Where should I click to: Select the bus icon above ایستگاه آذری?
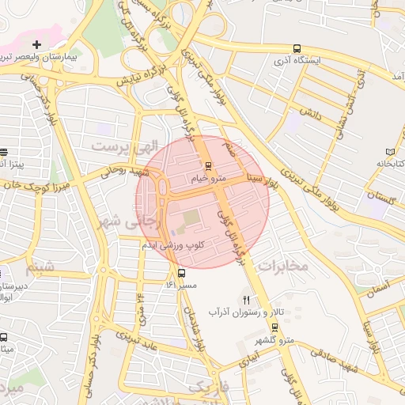[x=296, y=47]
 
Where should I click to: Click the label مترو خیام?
[x=209, y=179]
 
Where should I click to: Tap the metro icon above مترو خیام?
[x=208, y=165]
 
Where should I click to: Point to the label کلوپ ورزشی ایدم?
[x=172, y=246]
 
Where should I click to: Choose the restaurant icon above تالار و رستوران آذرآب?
[x=245, y=300]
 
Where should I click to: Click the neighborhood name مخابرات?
[x=282, y=266]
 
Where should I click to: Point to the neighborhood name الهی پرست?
[x=119, y=146]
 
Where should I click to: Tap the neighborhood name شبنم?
[x=40, y=265]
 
